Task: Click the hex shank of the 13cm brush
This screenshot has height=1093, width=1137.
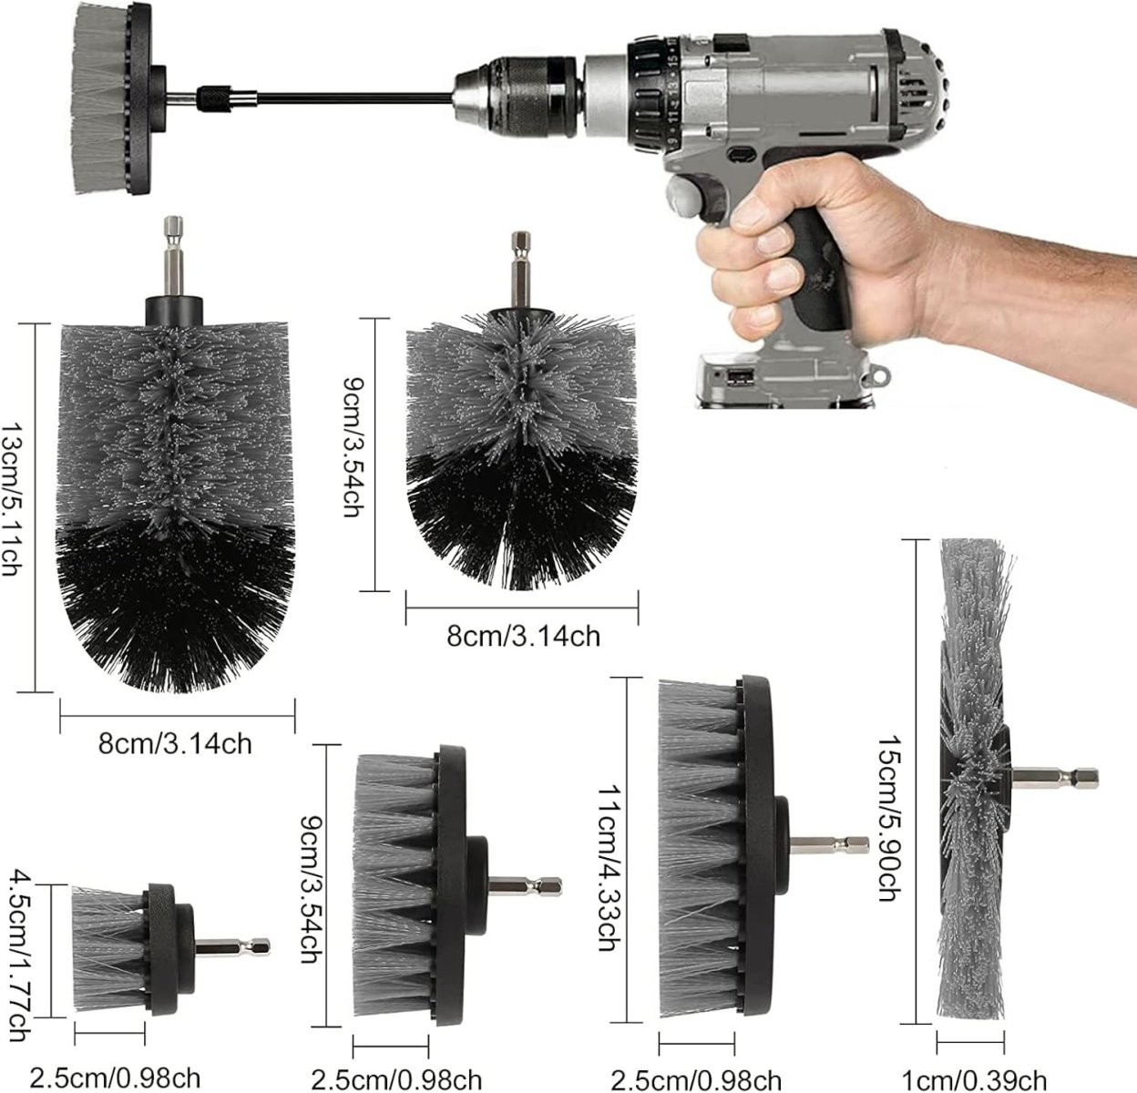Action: (174, 257)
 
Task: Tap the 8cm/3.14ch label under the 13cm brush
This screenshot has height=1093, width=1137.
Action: (175, 743)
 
